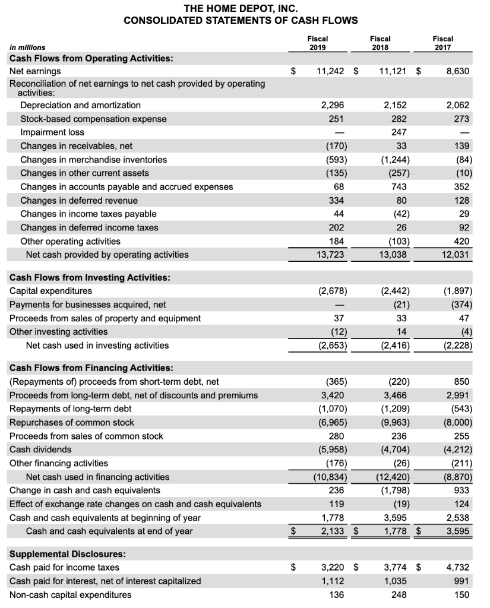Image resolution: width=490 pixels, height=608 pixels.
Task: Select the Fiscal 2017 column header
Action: coord(442,42)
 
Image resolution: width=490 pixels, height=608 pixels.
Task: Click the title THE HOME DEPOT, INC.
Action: coord(241,8)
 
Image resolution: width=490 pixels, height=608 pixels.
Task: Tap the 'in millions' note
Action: coord(27,47)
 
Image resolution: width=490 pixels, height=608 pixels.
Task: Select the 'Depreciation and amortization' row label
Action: coord(80,105)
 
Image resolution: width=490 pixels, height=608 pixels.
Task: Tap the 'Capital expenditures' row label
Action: coord(51,291)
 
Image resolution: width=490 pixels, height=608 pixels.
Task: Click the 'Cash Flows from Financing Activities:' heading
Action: coord(91,368)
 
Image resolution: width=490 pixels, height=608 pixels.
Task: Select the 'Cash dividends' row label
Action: coord(40,449)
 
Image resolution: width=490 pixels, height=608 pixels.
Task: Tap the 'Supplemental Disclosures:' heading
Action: coord(68,554)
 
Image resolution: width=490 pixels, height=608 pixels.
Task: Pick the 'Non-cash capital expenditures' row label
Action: coord(71,594)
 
